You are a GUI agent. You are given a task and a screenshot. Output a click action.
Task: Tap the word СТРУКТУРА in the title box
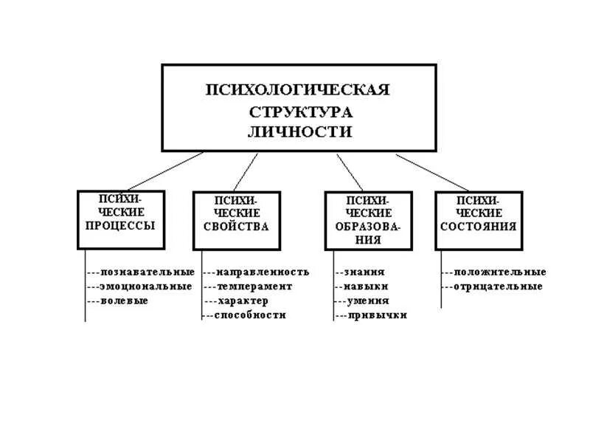click(299, 112)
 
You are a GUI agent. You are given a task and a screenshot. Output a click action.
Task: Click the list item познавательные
click(147, 272)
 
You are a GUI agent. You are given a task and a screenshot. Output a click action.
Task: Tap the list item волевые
click(125, 301)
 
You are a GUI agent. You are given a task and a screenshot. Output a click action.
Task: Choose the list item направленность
click(263, 272)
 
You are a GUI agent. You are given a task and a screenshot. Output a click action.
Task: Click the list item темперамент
click(254, 286)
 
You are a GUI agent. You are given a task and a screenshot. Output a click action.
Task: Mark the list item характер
click(243, 301)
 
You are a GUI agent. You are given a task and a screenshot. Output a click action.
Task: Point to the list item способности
click(250, 315)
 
